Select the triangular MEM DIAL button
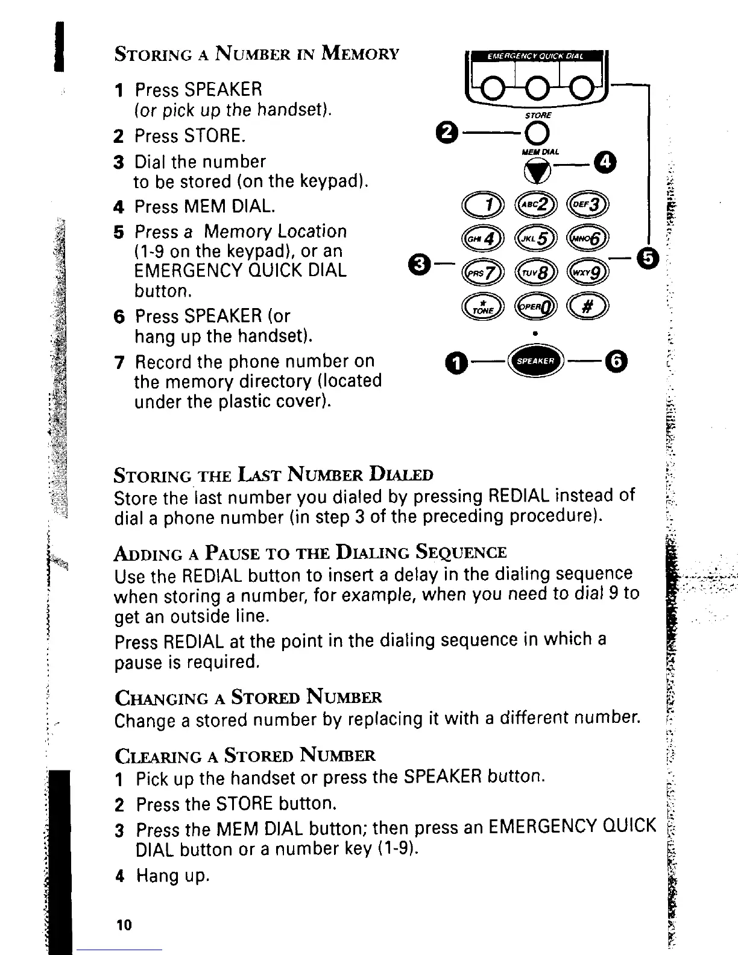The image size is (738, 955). (535, 171)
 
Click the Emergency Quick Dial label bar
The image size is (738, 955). (537, 56)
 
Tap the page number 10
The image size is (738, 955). (124, 925)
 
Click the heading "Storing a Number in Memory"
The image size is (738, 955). (256, 54)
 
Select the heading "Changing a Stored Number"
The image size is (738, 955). (248, 698)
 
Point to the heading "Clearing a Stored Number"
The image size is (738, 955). (245, 755)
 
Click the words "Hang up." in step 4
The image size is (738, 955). (172, 875)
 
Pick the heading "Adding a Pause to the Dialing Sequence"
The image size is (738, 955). (310, 552)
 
